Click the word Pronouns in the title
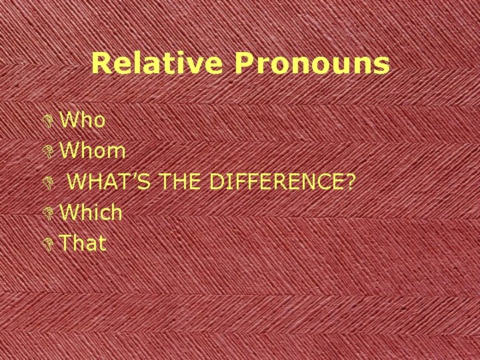click(x=311, y=64)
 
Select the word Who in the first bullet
click(x=83, y=120)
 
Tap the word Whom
click(x=93, y=151)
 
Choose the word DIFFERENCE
click(x=275, y=181)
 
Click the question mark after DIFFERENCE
click(x=348, y=181)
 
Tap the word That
click(x=83, y=243)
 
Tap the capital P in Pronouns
click(x=243, y=63)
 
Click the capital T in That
click(x=65, y=243)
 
